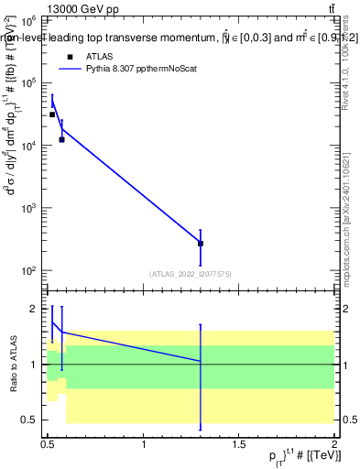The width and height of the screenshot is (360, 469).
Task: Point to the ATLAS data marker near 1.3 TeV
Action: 201,244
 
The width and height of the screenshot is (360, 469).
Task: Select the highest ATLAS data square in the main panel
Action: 52,115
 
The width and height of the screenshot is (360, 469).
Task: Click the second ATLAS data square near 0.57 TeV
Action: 61,139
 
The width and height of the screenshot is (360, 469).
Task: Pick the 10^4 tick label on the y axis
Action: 29,146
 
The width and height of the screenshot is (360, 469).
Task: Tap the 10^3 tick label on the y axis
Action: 29,208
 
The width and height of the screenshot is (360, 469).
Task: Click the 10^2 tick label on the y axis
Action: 29,271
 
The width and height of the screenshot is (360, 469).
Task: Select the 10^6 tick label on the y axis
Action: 29,20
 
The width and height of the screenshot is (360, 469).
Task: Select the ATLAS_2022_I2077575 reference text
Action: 191,274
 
